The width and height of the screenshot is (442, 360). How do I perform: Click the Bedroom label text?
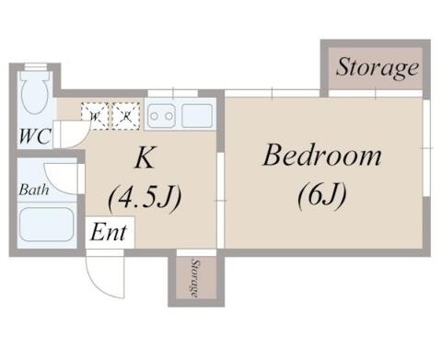(321, 156)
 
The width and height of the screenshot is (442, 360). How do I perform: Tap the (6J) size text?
(321, 195)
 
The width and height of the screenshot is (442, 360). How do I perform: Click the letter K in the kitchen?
(144, 158)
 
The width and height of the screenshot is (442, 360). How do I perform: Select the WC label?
(33, 138)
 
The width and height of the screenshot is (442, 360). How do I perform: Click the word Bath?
(34, 191)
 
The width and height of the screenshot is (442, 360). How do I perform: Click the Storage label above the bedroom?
(376, 68)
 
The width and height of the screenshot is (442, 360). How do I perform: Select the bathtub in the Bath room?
(46, 224)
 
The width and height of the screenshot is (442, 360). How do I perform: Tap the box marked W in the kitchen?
(95, 115)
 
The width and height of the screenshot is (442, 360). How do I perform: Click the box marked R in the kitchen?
(124, 115)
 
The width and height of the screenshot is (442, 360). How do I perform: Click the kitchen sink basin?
(197, 115)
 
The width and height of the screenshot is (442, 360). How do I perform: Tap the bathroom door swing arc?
(63, 177)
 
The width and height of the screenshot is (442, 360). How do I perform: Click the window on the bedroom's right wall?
(427, 147)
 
